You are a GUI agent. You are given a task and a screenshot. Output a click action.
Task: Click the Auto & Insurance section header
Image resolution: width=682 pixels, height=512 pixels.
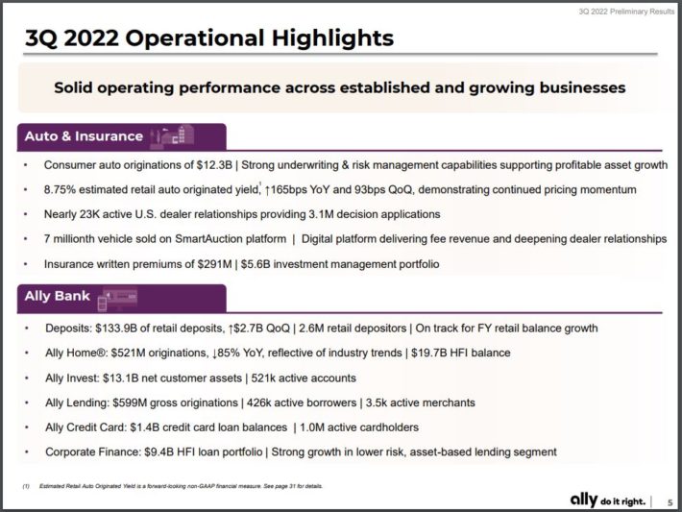pyautogui.click(x=84, y=136)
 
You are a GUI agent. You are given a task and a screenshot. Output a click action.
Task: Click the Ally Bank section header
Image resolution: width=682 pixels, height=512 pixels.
pyautogui.click(x=59, y=297)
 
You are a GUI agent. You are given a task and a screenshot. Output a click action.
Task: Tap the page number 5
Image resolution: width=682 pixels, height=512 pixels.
pyautogui.click(x=669, y=500)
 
